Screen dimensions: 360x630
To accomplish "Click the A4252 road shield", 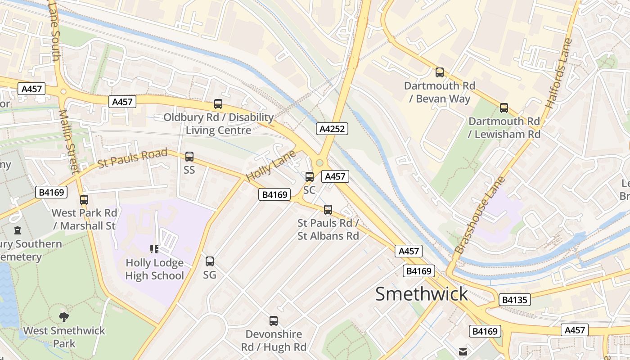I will point(332,129).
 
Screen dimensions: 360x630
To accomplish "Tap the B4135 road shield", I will point(514,300).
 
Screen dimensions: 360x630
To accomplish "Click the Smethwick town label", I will point(422,294).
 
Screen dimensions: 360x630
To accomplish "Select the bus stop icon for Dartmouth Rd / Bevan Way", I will point(439,72).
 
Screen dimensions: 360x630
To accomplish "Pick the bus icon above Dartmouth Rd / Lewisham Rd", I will point(504,108).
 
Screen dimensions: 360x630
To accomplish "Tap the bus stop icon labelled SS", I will point(189,157).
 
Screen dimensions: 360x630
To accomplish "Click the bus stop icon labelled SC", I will point(310,176).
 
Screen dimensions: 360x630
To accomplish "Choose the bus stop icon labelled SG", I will point(210,261).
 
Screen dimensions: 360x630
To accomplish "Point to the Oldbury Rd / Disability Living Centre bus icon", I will point(218,104).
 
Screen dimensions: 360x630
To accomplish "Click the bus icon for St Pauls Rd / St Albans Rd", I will point(328,209).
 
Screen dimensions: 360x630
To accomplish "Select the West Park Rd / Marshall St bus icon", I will point(84,199).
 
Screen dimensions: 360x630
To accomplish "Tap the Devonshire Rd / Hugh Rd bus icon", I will point(274,321).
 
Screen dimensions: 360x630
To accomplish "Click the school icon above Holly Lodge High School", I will point(154,249).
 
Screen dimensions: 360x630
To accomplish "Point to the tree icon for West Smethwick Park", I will point(64,317).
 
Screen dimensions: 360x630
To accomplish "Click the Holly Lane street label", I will point(270,166).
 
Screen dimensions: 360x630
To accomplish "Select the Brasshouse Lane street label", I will point(480,215).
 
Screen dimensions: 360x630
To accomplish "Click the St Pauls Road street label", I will point(132,158).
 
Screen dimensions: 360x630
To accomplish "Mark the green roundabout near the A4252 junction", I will point(320,162).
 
